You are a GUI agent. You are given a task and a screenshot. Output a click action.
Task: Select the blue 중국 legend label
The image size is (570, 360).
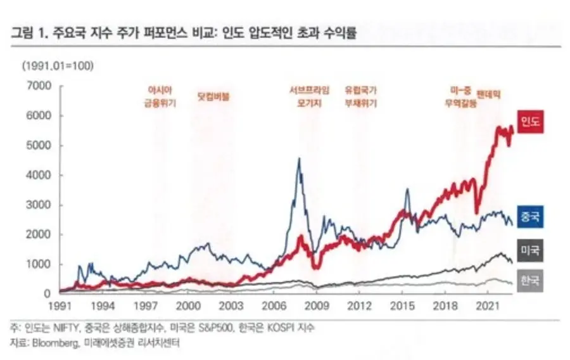[x=530, y=217]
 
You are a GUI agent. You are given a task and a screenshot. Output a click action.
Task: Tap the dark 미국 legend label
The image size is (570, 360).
[x=530, y=251]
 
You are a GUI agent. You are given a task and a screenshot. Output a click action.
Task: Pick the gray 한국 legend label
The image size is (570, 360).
[x=530, y=280]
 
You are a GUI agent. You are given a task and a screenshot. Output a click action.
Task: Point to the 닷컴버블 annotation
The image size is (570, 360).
[x=213, y=97]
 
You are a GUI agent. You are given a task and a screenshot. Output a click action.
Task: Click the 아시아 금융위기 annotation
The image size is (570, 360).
[x=160, y=96]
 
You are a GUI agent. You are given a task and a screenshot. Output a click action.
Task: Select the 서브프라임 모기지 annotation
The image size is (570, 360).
[x=305, y=96]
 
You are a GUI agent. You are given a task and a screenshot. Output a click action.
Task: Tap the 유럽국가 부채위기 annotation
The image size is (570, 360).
[x=361, y=96]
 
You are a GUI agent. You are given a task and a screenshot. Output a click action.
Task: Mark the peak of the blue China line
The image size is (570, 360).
[x=299, y=158]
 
